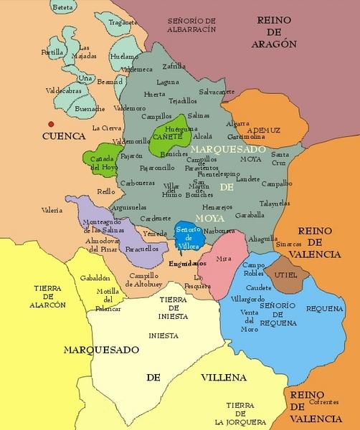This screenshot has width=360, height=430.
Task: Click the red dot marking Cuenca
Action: pos(49,123)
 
